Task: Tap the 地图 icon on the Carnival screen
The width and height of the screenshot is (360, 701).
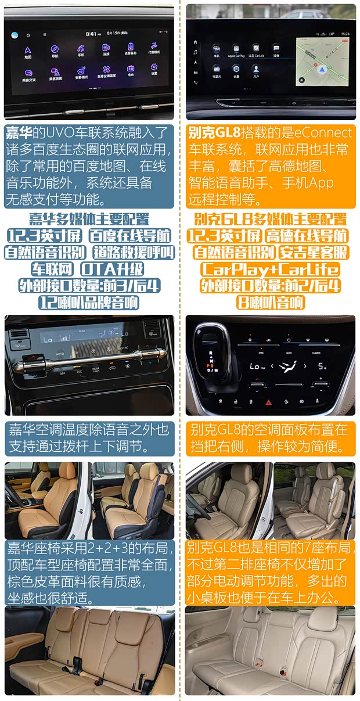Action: pyautogui.click(x=28, y=51)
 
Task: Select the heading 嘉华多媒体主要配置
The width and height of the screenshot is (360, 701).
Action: pyautogui.click(x=89, y=220)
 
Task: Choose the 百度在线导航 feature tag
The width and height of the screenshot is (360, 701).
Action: pyautogui.click(x=130, y=236)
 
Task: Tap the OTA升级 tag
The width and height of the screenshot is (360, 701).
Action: pyautogui.click(x=113, y=269)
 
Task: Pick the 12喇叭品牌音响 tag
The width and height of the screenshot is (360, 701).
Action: pyautogui.click(x=89, y=303)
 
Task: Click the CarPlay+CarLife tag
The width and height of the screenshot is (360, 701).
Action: pyautogui.click(x=269, y=269)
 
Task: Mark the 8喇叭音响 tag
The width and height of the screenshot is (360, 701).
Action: pyautogui.click(x=270, y=303)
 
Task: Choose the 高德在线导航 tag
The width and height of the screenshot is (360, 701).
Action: pyautogui.click(x=307, y=236)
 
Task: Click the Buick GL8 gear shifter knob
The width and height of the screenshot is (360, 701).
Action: pyautogui.click(x=210, y=337)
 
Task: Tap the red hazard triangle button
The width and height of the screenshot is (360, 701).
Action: pyautogui.click(x=269, y=402)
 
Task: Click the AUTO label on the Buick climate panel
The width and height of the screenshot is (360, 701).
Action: pyautogui.click(x=289, y=353)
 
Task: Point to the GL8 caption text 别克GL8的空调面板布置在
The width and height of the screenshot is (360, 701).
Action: pyautogui.click(x=269, y=430)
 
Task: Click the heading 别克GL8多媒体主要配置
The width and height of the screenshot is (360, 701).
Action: pyautogui.click(x=270, y=220)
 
